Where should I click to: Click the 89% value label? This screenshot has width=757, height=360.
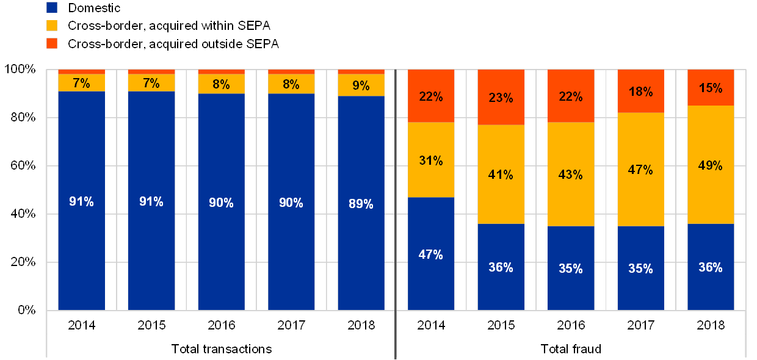pos(361,204)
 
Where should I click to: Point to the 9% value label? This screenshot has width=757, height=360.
pos(361,86)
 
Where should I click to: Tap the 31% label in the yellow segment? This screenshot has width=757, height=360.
pos(431,161)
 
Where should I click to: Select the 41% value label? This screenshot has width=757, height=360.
pos(501,175)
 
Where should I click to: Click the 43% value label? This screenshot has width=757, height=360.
pos(571,175)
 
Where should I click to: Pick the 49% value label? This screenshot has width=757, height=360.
pos(711,165)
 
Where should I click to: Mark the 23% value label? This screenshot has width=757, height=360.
pos(501,98)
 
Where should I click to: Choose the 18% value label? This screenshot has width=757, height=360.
pos(640,92)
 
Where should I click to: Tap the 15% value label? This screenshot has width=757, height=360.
pos(711,88)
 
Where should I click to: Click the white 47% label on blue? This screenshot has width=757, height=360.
pos(431,255)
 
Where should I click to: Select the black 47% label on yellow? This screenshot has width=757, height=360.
pos(640,170)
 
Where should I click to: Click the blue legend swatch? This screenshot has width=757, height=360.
pos(53,8)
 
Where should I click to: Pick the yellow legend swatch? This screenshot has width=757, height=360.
pos(53,26)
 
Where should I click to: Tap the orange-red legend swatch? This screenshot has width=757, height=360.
pos(53,43)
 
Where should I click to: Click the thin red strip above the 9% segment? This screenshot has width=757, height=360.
pos(361,72)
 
